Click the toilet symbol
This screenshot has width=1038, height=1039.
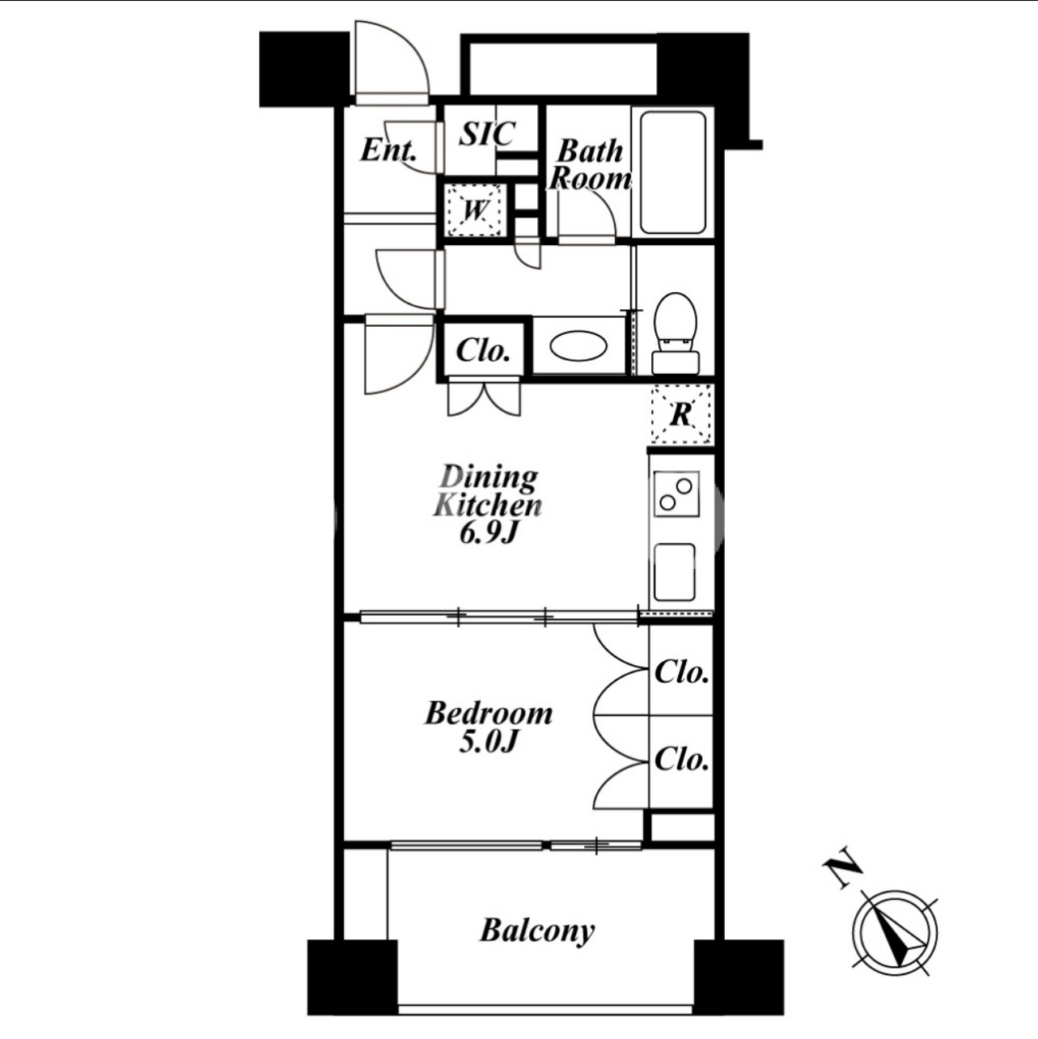[675, 333]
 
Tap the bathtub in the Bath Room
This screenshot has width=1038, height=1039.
[673, 172]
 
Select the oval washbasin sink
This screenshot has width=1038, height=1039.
[578, 345]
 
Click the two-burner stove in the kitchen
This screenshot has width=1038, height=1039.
[676, 494]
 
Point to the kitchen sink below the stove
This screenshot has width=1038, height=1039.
[675, 572]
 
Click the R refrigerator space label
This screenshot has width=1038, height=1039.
[681, 414]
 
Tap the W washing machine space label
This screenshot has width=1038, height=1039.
[476, 210]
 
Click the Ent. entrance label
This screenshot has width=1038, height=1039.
[389, 151]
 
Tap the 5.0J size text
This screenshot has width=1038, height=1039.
[489, 742]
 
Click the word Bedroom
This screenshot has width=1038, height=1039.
[489, 713]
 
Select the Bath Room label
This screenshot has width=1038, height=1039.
[589, 165]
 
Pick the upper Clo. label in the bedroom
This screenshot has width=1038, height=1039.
[681, 672]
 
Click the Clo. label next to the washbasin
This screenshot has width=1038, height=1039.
[483, 351]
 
